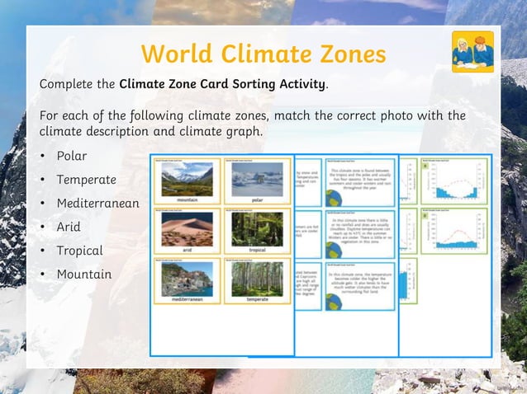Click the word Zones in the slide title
pyautogui.click(x=348, y=54)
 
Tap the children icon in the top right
pyautogui.click(x=472, y=52)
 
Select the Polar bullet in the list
pyautogui.click(x=71, y=156)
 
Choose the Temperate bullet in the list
pyautogui.click(x=86, y=180)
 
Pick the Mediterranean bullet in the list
pyautogui.click(x=97, y=203)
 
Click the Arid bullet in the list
pyautogui.click(x=68, y=227)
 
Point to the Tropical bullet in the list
pyautogui.click(x=79, y=251)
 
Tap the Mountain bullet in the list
pyautogui.click(x=83, y=274)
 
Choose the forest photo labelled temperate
pyautogui.click(x=257, y=279)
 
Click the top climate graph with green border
pyautogui.click(x=454, y=180)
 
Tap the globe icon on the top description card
pyautogui.click(x=330, y=199)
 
